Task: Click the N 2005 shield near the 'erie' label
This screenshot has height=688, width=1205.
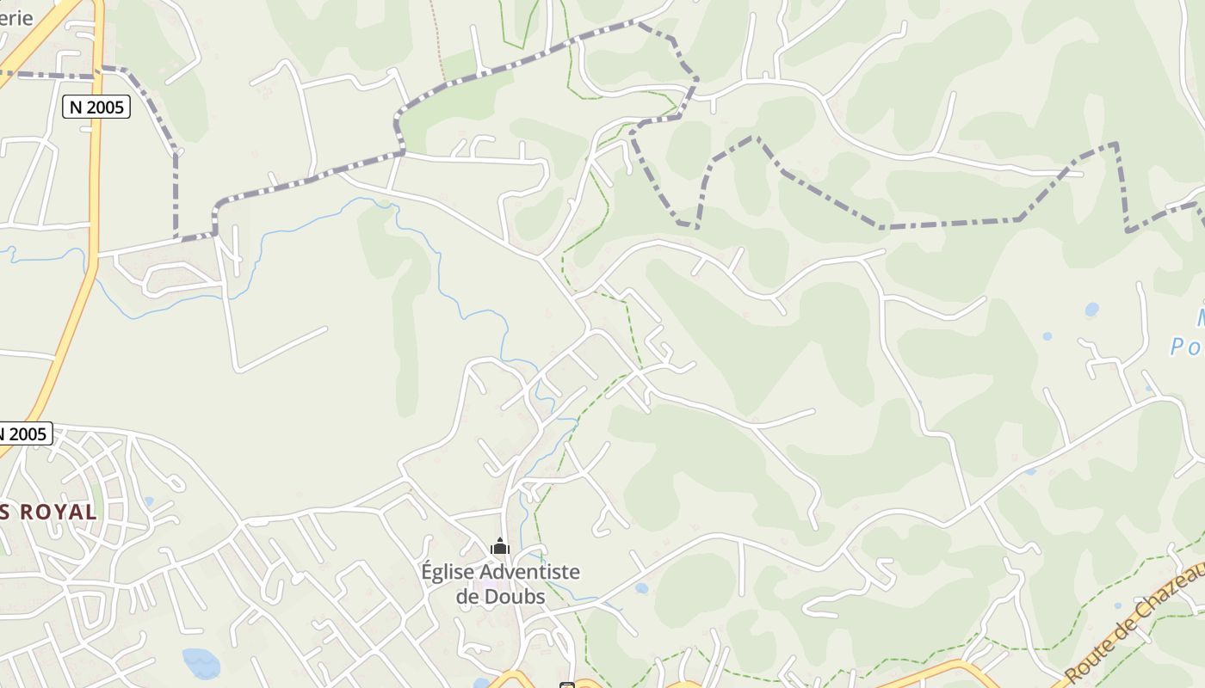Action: click(x=96, y=107)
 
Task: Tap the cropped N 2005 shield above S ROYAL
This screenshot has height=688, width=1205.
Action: click(x=25, y=433)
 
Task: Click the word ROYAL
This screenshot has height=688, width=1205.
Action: click(x=58, y=513)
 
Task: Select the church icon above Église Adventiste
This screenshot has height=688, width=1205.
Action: click(x=500, y=546)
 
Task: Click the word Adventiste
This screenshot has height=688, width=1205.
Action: click(x=529, y=572)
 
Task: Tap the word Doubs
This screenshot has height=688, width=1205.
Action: click(x=517, y=596)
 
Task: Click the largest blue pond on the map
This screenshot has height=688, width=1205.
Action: click(x=201, y=662)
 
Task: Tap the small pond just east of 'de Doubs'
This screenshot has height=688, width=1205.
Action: click(x=641, y=589)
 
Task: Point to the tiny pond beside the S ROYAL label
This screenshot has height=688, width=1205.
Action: click(x=149, y=501)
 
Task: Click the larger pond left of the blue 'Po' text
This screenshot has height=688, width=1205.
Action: click(x=1091, y=309)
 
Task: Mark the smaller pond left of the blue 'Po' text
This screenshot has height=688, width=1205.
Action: click(x=1047, y=336)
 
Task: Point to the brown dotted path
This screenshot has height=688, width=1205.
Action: click(x=438, y=43)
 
